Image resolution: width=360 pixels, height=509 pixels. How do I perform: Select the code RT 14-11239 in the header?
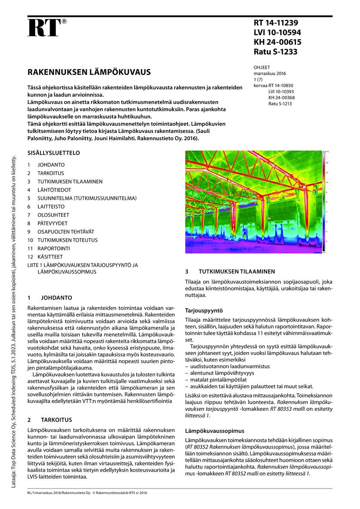(x=276, y=23)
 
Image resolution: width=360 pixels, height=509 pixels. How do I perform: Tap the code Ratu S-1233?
(x=276, y=52)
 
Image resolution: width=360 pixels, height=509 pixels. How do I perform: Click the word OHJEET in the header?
(x=262, y=67)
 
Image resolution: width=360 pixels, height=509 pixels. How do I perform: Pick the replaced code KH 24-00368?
(x=281, y=98)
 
